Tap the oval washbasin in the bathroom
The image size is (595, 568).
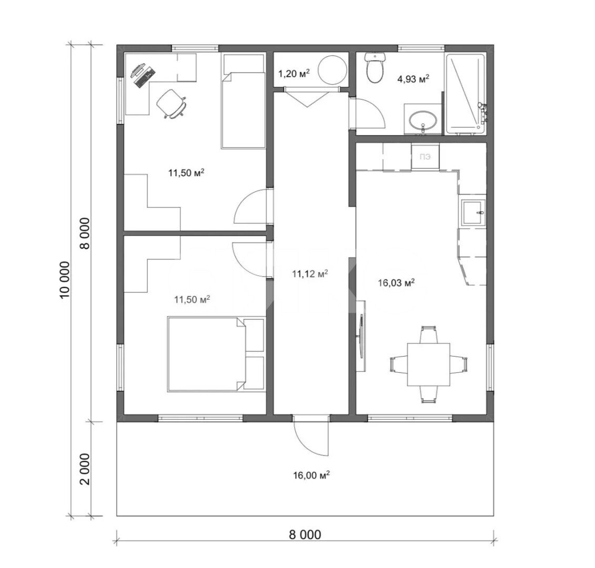[423, 120]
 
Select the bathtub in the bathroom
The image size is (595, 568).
[466, 94]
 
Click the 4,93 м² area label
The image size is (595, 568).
[413, 79]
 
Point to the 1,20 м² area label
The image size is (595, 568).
[294, 73]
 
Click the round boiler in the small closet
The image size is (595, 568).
[332, 70]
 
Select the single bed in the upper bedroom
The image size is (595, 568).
[243, 101]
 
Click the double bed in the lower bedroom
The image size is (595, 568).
[216, 354]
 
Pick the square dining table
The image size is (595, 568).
[428, 364]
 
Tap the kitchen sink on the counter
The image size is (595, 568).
[473, 213]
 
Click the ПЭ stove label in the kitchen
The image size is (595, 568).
[425, 156]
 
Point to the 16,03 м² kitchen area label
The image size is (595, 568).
[396, 282]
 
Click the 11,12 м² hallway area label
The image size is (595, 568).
[310, 273]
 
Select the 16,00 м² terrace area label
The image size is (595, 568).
[311, 475]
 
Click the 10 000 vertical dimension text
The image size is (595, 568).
[65, 280]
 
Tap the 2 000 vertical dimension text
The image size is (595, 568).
[85, 469]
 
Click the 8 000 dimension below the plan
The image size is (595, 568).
[305, 535]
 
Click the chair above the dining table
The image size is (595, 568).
[428, 334]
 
